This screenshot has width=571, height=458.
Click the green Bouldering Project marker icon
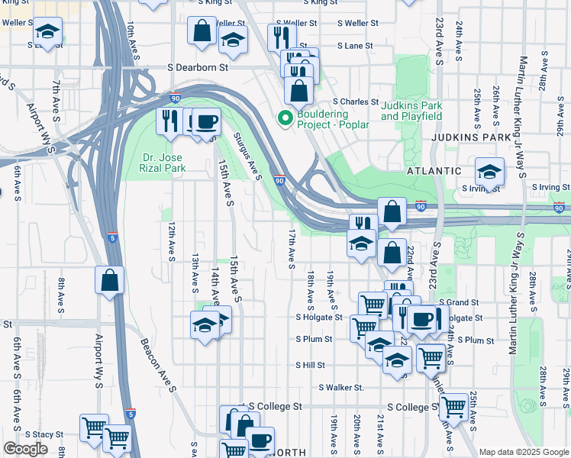(285, 118)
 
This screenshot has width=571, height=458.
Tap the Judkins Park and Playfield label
(411, 111)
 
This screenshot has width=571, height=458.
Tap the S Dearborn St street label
(199, 68)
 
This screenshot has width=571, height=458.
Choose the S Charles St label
(355, 102)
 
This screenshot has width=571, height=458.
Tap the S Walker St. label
(341, 387)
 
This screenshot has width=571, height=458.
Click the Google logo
(25, 449)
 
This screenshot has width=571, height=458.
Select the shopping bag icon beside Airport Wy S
(110, 279)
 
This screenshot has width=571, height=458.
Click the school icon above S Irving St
(489, 171)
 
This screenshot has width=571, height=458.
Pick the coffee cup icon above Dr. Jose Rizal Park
(205, 121)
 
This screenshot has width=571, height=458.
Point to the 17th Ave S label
(292, 248)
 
